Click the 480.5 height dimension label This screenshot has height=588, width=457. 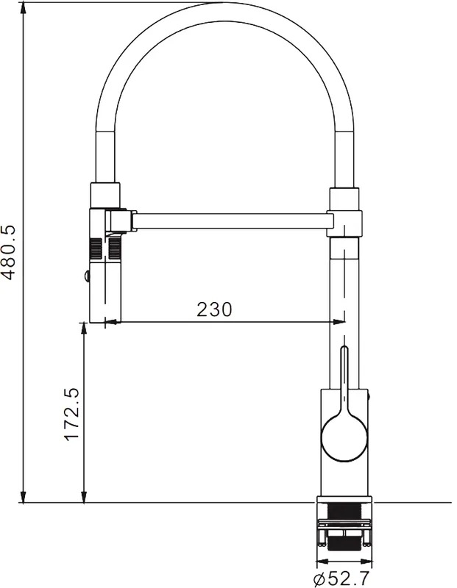pyautogui.click(x=9, y=253)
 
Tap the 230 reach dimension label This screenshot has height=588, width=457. pyautogui.click(x=214, y=309)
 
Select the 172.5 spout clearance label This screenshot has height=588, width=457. pyautogui.click(x=71, y=414)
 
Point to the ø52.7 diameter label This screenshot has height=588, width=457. pyautogui.click(x=341, y=579)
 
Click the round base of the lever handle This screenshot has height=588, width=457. pyautogui.click(x=344, y=438)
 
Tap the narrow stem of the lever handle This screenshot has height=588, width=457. pyautogui.click(x=344, y=379)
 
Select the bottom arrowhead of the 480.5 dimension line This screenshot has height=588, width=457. pyautogui.click(x=24, y=496)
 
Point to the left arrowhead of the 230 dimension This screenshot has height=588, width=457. pyautogui.click(x=112, y=321)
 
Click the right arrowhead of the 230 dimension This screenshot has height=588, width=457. pyautogui.click(x=337, y=321)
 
